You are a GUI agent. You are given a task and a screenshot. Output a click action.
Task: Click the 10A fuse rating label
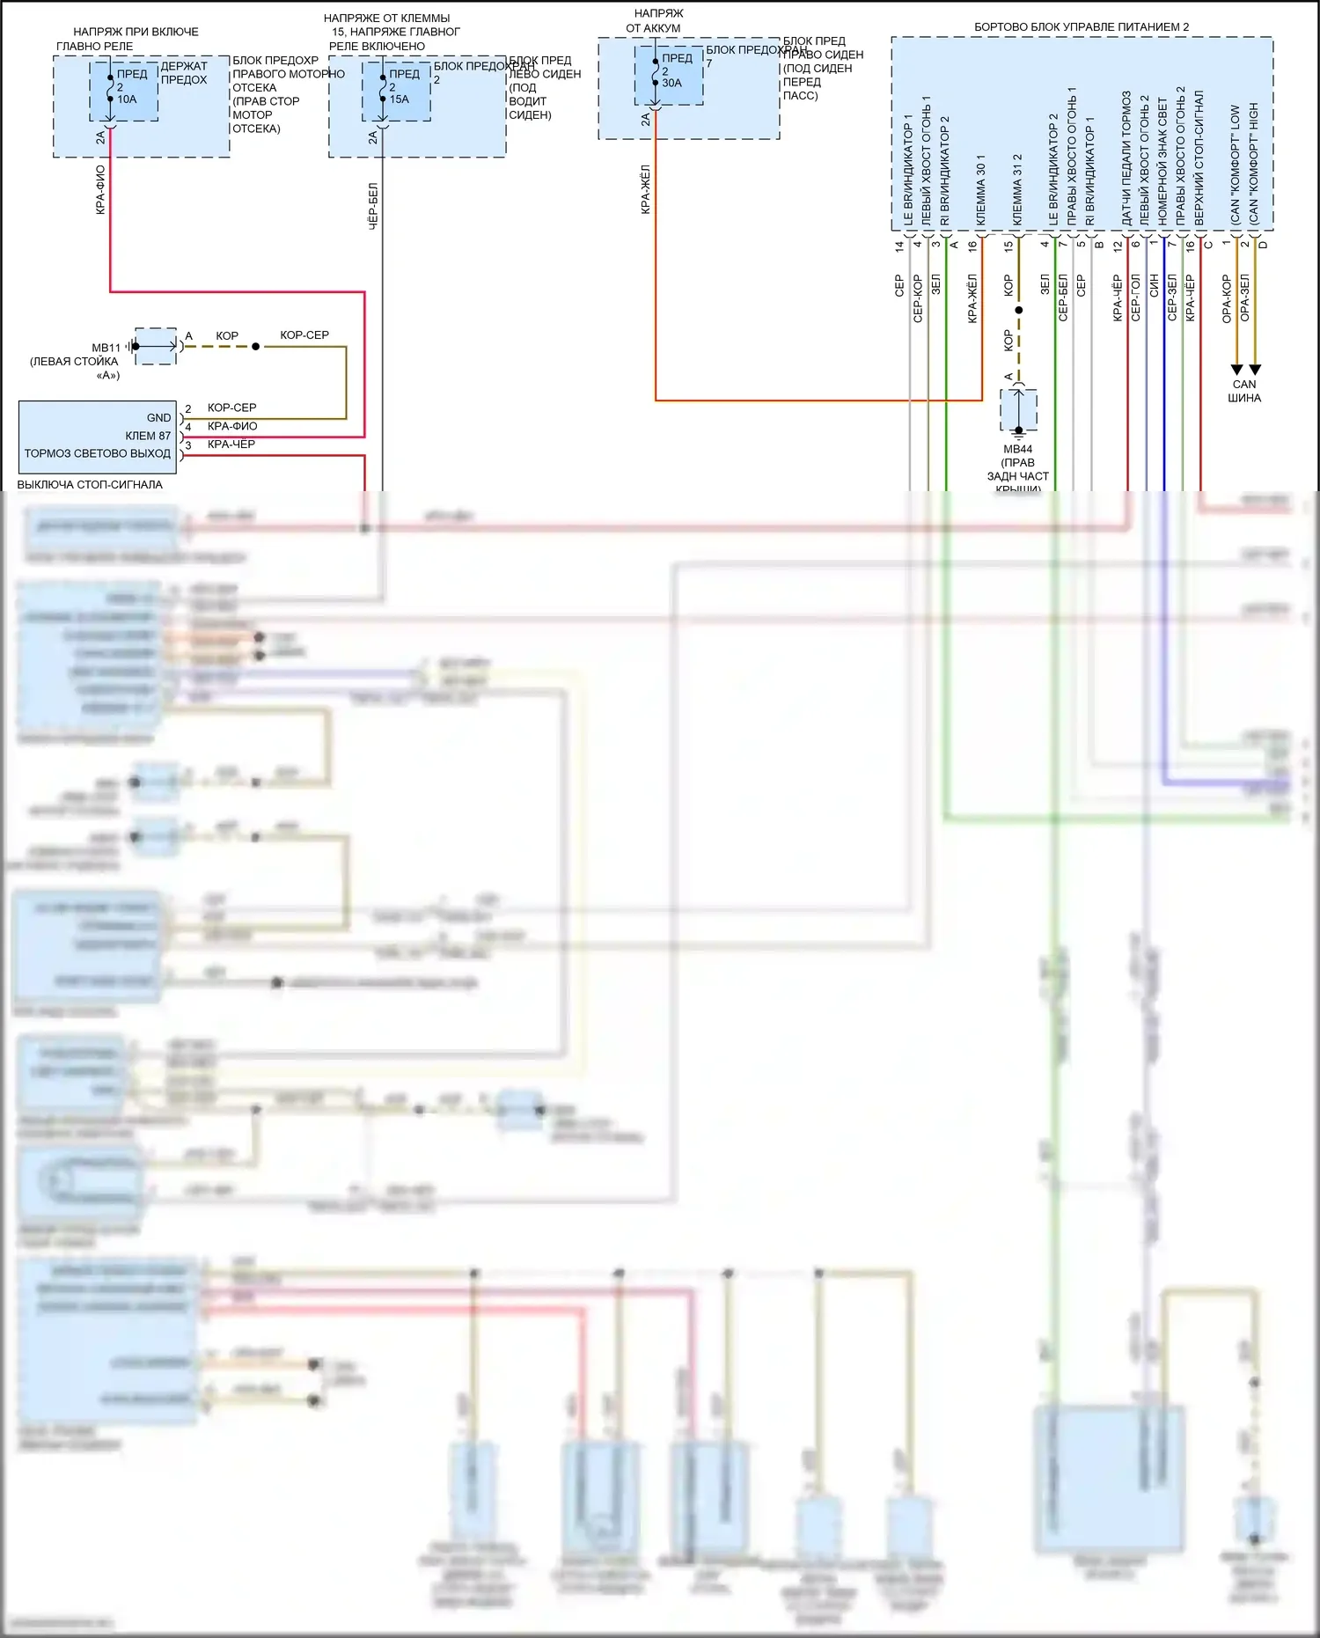click(128, 99)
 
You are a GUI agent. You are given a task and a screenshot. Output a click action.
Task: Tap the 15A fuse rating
click(400, 99)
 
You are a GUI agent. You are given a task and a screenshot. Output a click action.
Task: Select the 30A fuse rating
click(672, 83)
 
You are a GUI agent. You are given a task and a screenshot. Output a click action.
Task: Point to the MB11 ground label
click(106, 348)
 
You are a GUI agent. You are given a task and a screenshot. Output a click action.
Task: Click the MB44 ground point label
click(1018, 449)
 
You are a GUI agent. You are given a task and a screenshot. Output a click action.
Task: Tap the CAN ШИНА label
click(1244, 391)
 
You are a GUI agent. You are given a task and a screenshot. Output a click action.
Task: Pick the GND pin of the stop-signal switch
click(158, 418)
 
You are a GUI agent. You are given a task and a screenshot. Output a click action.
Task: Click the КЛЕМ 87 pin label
click(148, 436)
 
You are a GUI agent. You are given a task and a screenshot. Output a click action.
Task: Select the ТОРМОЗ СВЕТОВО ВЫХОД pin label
click(98, 453)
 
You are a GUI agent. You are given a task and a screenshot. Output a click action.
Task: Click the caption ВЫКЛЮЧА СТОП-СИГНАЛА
click(90, 484)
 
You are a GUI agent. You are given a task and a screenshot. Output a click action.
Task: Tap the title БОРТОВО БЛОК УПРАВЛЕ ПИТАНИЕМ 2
click(1082, 27)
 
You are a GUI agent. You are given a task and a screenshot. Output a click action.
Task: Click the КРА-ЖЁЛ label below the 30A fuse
click(646, 188)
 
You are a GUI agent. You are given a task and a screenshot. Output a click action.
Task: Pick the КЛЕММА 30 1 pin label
click(981, 189)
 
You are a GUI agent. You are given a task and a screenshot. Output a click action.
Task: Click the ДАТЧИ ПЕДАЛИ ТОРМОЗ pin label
click(1126, 158)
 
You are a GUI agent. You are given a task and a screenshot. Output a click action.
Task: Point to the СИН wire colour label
click(1155, 285)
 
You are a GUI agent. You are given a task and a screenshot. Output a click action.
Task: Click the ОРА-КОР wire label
click(1227, 298)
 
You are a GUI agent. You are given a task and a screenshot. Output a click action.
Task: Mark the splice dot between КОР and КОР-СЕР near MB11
click(256, 347)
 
